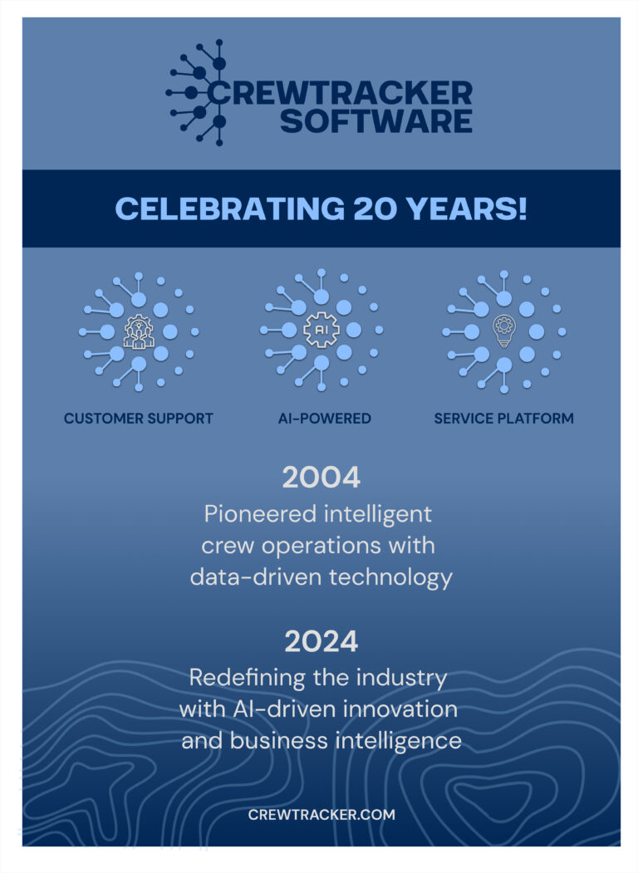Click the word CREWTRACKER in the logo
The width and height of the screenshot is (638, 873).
pos(340,92)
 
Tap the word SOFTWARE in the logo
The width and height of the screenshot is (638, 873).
pos(376,120)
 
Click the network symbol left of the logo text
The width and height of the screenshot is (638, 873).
pos(196,92)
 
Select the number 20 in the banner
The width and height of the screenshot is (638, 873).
pos(375,208)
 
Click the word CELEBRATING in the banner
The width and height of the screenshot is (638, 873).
pos(230,208)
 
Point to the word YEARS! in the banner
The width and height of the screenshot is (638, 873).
pos(466,208)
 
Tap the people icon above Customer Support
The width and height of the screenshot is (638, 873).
pos(139,331)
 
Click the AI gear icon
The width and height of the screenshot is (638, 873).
pos(321,330)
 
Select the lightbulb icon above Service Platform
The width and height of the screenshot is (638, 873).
pos(503,331)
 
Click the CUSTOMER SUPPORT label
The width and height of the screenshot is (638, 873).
pos(139,419)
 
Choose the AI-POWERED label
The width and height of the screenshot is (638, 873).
pos(325,419)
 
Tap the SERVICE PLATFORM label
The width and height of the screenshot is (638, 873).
pos(503,419)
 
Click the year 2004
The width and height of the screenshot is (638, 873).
pos(321,478)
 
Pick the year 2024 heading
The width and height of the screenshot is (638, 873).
pos(321,641)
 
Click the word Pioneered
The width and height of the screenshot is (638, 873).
pos(260,514)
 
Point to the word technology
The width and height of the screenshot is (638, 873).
pos(390,577)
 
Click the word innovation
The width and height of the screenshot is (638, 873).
pos(400,709)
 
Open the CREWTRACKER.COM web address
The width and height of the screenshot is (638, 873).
pos(321,815)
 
